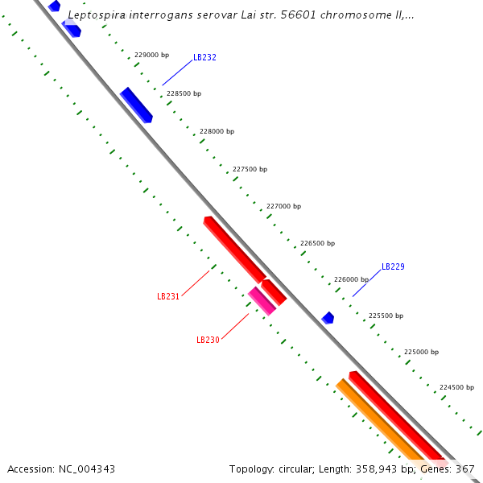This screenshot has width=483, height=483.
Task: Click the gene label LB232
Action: (204, 58)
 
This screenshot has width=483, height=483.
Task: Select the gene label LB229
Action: (393, 266)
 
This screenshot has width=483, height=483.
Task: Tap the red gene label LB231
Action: (168, 296)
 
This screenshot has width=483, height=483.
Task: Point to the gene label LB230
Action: (208, 340)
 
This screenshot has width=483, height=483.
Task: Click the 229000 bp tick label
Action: (151, 56)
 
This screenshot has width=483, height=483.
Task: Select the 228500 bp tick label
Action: (184, 93)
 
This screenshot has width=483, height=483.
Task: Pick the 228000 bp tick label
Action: (217, 131)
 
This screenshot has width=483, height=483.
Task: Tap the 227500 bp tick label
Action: (250, 169)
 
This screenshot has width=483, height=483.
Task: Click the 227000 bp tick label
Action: (283, 206)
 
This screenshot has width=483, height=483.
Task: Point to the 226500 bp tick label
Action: (317, 243)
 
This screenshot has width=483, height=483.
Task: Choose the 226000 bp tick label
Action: (351, 279)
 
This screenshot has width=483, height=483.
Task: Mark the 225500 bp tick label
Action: (386, 316)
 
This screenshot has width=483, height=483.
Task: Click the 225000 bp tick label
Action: (421, 352)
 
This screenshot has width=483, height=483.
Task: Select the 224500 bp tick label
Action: (456, 387)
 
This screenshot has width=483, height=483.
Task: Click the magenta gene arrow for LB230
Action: (262, 300)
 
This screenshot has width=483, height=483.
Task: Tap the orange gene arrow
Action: (378, 419)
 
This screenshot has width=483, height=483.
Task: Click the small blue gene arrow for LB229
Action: (328, 318)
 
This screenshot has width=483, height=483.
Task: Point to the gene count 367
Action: (465, 469)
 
